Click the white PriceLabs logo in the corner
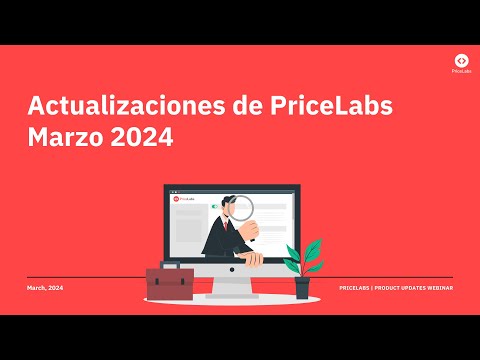tap(459, 61)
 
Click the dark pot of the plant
tap(302, 288)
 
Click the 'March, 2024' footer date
tap(45, 287)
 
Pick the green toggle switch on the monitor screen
tap(213, 206)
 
